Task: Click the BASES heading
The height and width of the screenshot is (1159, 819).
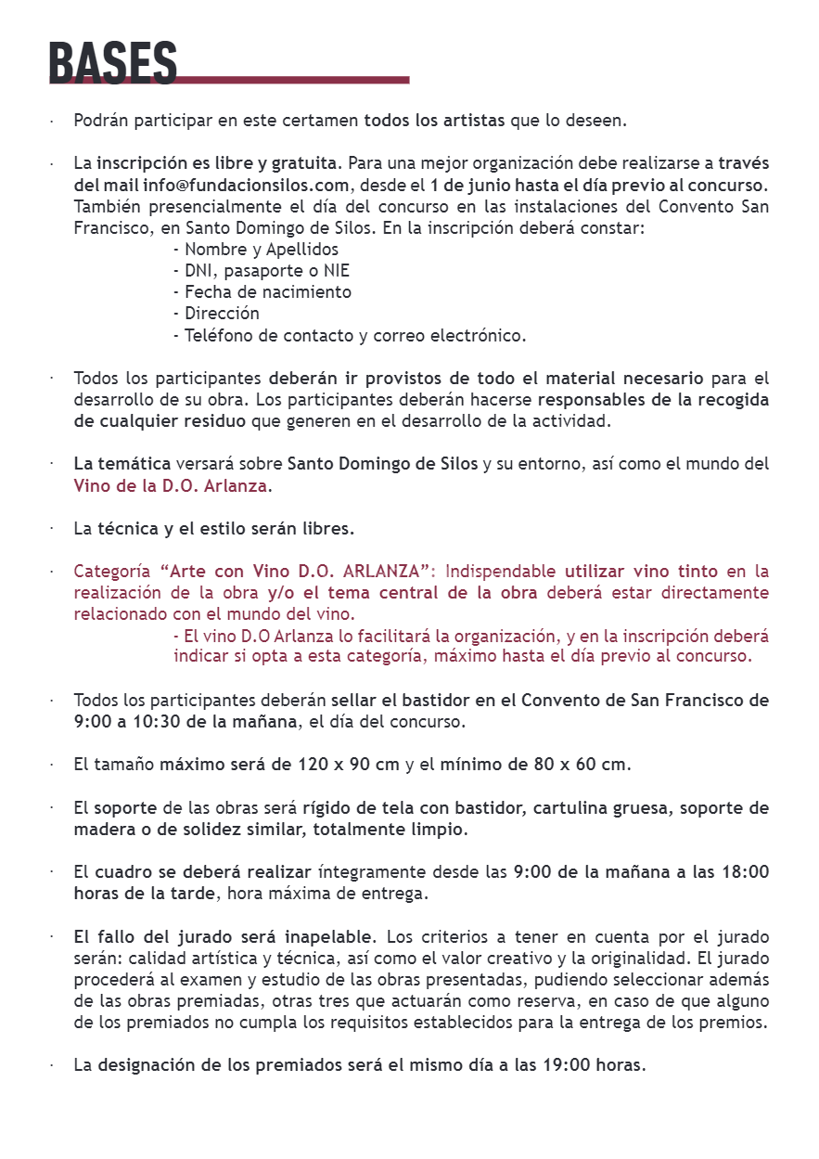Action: [112, 63]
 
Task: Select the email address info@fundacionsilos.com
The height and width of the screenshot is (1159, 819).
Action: [246, 185]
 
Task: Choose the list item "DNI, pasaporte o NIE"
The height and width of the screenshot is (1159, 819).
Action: [262, 271]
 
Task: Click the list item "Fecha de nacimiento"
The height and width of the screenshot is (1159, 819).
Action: [262, 292]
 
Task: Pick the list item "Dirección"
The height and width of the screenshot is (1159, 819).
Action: [217, 314]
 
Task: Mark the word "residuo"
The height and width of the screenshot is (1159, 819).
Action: [215, 421]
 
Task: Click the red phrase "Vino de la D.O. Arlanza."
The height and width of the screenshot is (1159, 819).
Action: [173, 485]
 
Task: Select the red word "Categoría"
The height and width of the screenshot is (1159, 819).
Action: [112, 572]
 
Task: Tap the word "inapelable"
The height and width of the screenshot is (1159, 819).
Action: [329, 937]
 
